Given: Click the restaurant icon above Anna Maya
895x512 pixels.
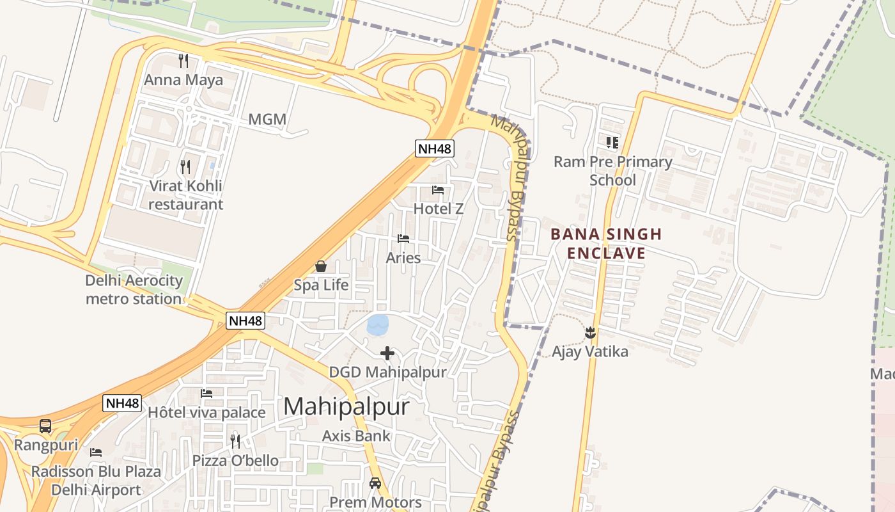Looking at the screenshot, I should pyautogui.click(x=183, y=61).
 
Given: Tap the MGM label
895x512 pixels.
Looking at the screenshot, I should pyautogui.click(x=267, y=119).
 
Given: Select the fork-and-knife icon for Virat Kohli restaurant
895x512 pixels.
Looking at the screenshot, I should pyautogui.click(x=185, y=167).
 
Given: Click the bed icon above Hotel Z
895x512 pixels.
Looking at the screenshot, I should pyautogui.click(x=438, y=189).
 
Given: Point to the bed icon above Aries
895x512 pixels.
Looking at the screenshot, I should pyautogui.click(x=403, y=239).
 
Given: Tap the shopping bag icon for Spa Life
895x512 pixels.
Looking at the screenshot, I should pyautogui.click(x=321, y=266).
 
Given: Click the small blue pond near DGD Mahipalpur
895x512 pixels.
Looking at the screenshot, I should pyautogui.click(x=377, y=324).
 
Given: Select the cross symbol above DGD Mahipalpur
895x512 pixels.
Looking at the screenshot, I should pyautogui.click(x=387, y=353).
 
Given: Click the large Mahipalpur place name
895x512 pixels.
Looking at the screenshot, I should pyautogui.click(x=346, y=406).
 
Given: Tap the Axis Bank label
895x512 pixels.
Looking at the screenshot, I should pyautogui.click(x=356, y=436).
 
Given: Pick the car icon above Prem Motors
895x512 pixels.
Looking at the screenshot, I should pyautogui.click(x=375, y=483).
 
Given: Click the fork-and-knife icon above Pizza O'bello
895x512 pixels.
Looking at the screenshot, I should pyautogui.click(x=235, y=441).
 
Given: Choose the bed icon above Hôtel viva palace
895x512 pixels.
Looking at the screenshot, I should pyautogui.click(x=206, y=394).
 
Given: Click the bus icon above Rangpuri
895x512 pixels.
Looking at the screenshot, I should pyautogui.click(x=45, y=426).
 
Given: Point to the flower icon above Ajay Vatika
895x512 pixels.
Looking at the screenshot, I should pyautogui.click(x=590, y=332).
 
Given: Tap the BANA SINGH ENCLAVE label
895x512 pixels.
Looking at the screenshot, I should pyautogui.click(x=606, y=243).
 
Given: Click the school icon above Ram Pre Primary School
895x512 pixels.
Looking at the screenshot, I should pyautogui.click(x=612, y=142).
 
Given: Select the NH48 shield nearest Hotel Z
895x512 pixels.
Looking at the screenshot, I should pyautogui.click(x=435, y=149).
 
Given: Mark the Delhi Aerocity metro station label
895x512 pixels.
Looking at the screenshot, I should pyautogui.click(x=134, y=289).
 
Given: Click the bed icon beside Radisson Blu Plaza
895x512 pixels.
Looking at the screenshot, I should pyautogui.click(x=96, y=452).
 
